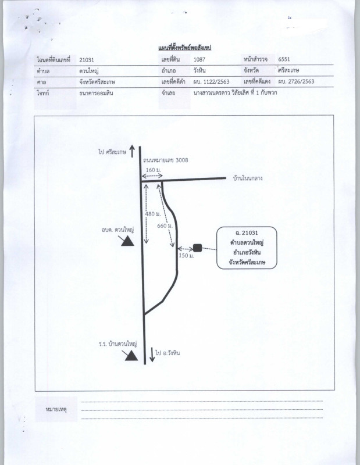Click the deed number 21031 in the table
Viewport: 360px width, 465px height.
point(86,60)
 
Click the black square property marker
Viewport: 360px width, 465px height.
point(197,248)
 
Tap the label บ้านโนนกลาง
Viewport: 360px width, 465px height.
point(247,178)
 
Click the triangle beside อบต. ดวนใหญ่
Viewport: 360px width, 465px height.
point(126,241)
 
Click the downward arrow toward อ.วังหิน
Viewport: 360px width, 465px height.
point(152,355)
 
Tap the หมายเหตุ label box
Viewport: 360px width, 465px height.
point(56,410)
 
